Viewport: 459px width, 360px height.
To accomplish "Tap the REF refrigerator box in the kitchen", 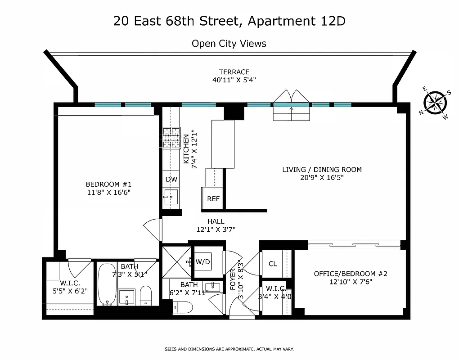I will click(213, 198).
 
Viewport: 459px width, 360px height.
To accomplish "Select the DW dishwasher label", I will click(171, 179).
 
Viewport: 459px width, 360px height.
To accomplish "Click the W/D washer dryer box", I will click(203, 261).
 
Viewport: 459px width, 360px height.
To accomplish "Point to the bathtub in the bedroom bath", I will click(107, 284).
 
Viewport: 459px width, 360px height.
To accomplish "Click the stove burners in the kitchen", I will click(171, 139).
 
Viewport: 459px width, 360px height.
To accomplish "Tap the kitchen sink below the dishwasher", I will click(171, 198).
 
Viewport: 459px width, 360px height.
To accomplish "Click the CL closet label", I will click(273, 264).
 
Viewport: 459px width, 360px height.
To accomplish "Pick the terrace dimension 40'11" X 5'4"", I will click(234, 80).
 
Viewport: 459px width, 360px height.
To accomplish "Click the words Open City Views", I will click(229, 44).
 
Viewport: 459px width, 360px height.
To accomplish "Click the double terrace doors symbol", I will click(291, 100).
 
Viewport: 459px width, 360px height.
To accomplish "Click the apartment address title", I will click(229, 21).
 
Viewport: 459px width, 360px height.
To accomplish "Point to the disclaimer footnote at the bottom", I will click(229, 349).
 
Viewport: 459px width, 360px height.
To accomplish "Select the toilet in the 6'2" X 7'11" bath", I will click(182, 307).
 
